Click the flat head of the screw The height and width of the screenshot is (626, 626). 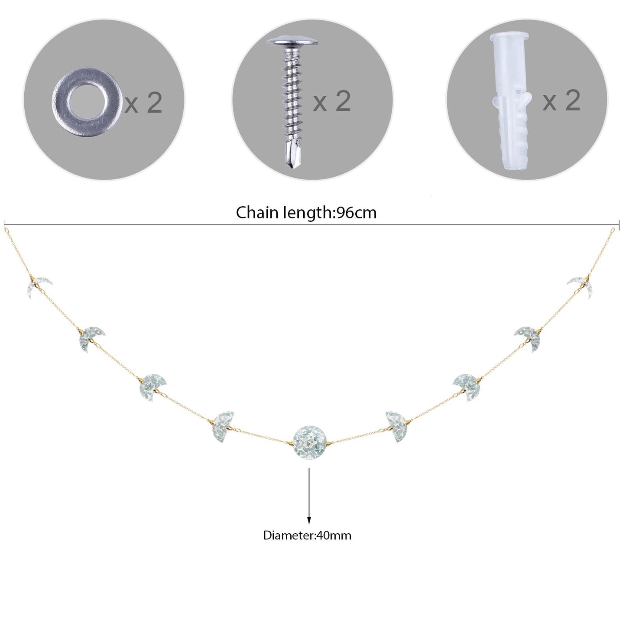(292, 42)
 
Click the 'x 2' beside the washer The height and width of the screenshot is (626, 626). (143, 102)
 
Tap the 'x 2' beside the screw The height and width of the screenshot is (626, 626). (332, 101)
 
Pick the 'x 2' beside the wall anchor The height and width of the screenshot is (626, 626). (561, 100)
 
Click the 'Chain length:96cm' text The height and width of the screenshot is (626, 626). (306, 213)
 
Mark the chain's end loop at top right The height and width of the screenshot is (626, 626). (613, 231)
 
